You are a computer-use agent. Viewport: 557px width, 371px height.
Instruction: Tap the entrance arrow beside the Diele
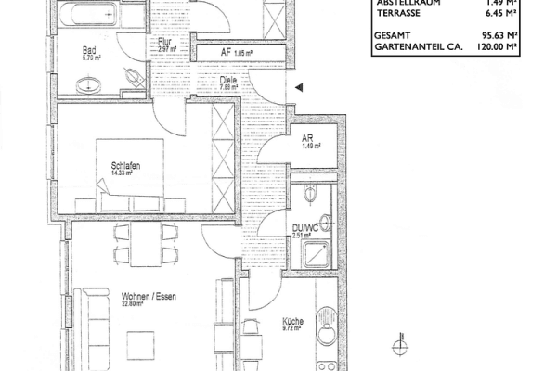pyautogui.click(x=298, y=88)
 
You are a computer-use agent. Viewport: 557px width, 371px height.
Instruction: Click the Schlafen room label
pyautogui.click(x=124, y=168)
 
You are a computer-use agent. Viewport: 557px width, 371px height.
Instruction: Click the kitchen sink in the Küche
pyautogui.click(x=326, y=338)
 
